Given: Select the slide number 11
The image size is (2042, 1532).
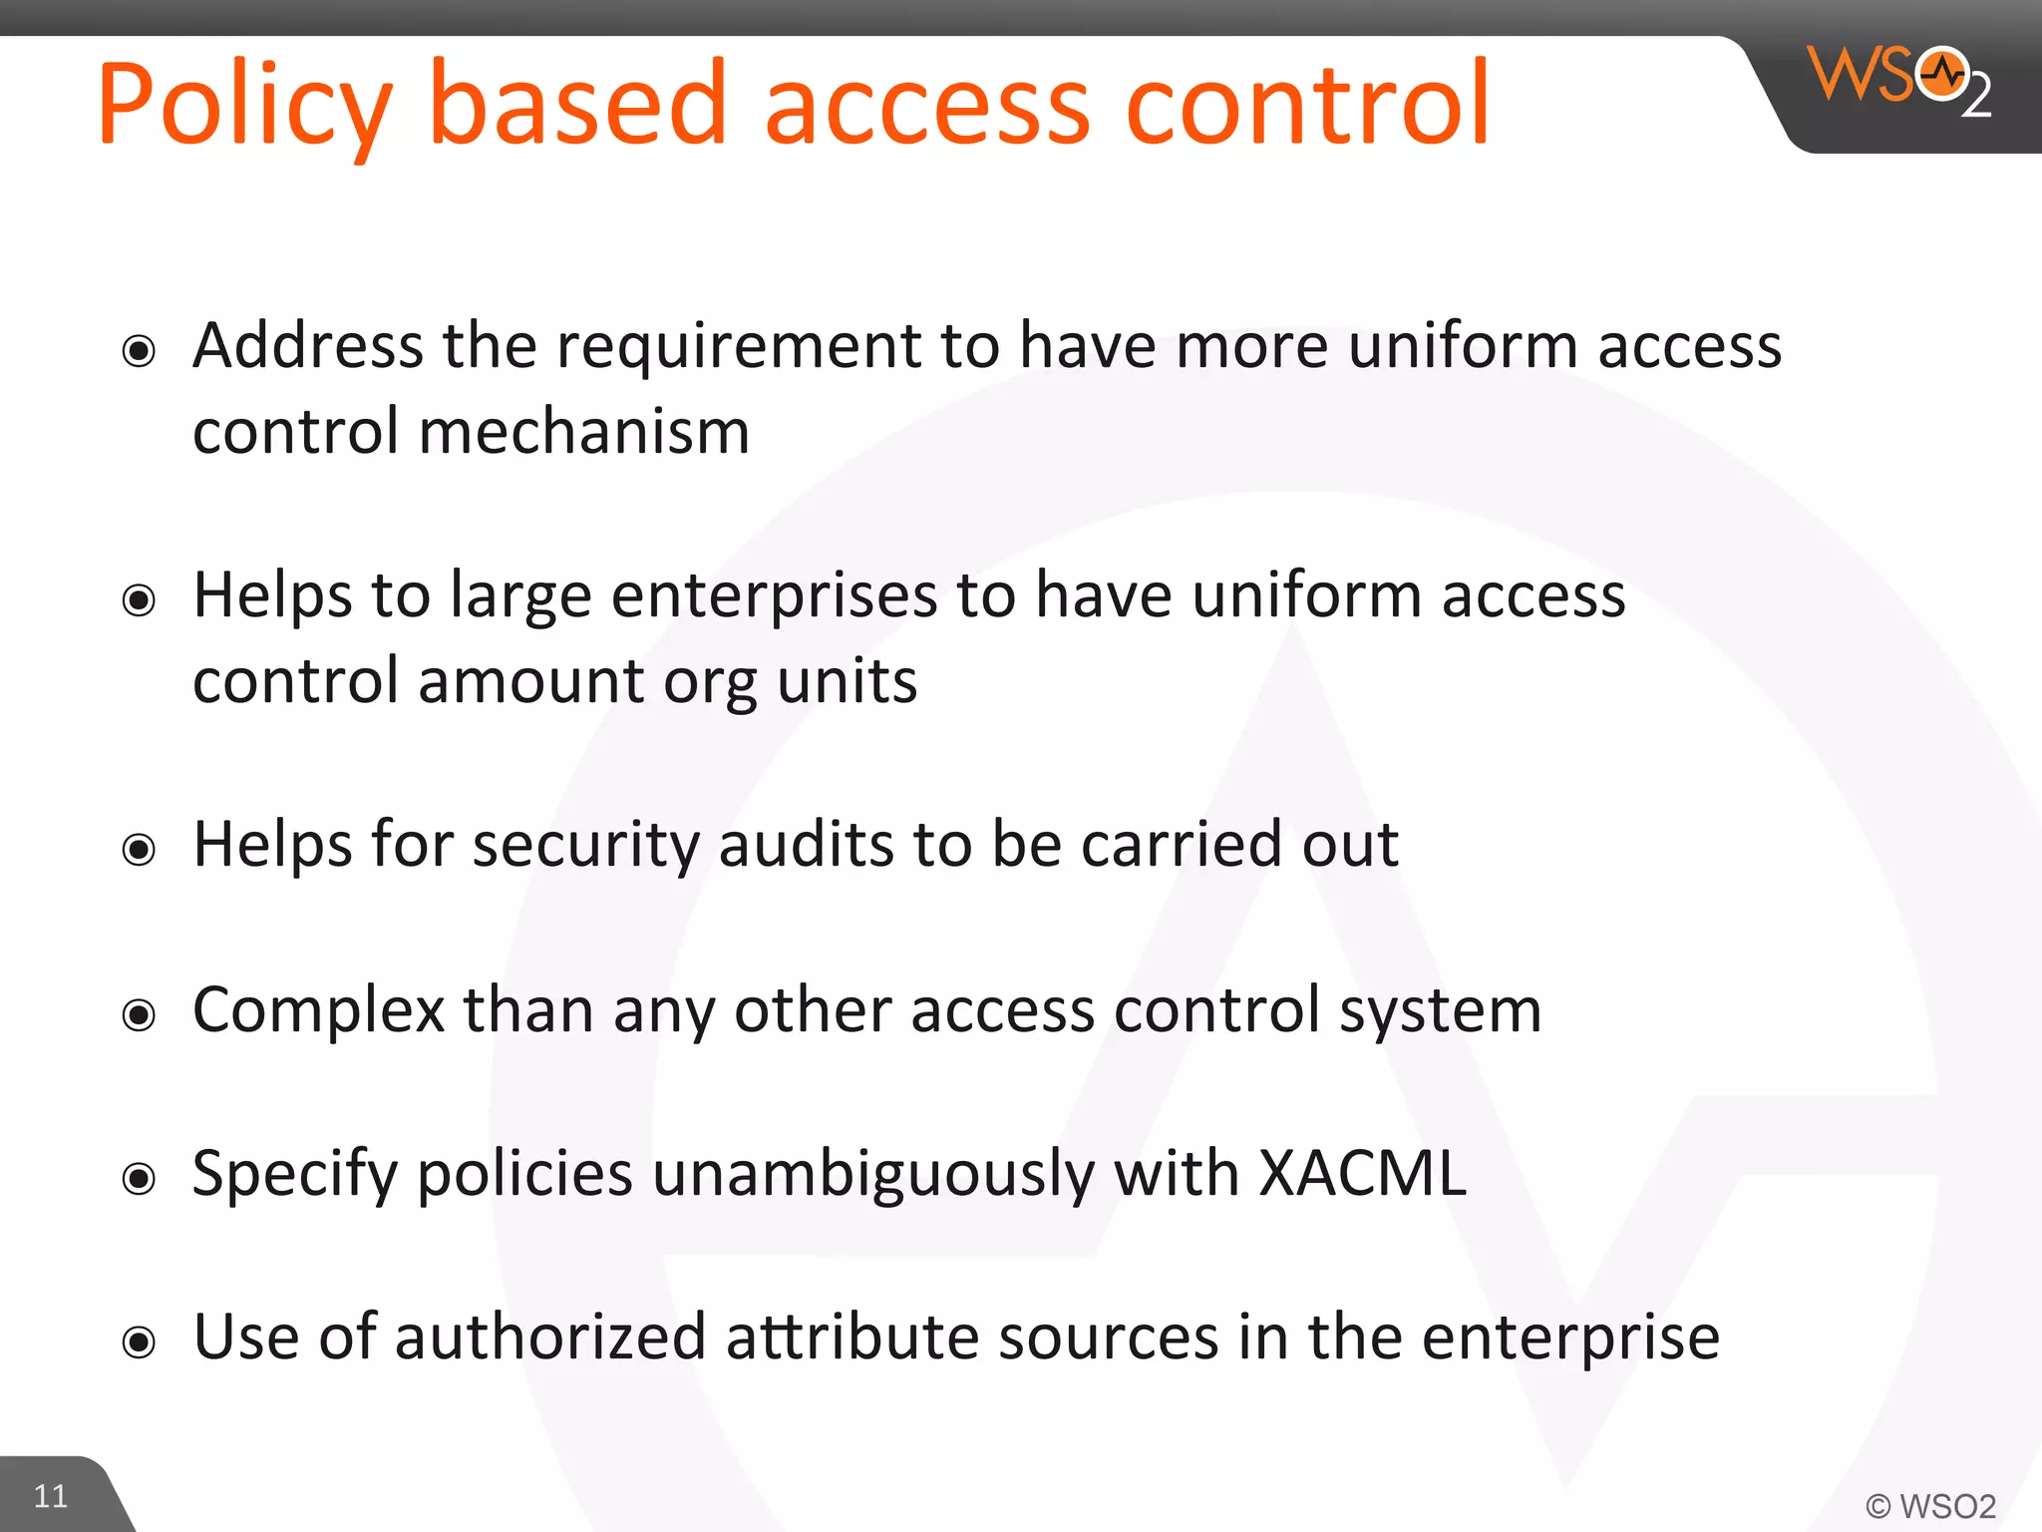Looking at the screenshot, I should [x=51, y=1496].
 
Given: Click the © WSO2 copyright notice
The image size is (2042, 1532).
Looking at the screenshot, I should [x=1930, y=1506].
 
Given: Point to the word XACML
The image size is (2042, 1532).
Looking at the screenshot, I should [x=1362, y=1173].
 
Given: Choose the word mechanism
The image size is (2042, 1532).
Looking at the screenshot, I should [x=583, y=432].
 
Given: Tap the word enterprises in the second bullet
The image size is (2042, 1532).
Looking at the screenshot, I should [x=774, y=595].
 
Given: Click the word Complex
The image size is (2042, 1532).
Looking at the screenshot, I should [x=318, y=1010].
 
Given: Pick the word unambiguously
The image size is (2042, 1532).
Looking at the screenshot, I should [x=873, y=1174].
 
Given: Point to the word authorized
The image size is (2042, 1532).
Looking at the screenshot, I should [x=550, y=1338].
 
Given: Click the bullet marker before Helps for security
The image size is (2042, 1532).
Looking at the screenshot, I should [x=139, y=850].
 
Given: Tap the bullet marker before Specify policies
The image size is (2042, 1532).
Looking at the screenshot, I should [x=139, y=1179].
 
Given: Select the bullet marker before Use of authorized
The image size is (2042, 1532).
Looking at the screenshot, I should [x=139, y=1342].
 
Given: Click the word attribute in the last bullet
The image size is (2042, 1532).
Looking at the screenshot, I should [x=852, y=1338].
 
